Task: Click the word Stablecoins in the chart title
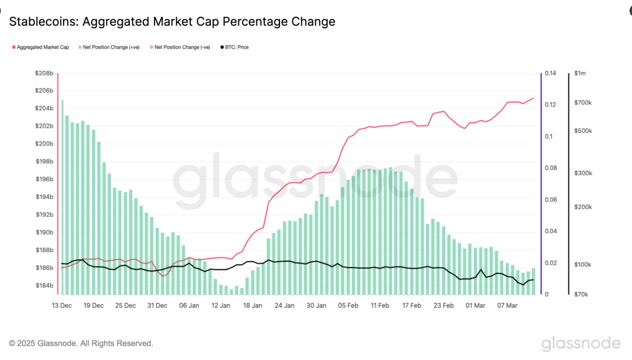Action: [43, 22]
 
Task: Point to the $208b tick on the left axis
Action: [44, 73]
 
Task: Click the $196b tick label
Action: [44, 179]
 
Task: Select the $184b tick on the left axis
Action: [44, 286]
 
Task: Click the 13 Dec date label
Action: [62, 305]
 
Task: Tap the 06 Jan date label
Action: [189, 305]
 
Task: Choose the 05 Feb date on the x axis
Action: [348, 305]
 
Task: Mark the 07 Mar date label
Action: [507, 305]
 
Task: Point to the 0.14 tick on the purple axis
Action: [550, 73]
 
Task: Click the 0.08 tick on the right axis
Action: [551, 168]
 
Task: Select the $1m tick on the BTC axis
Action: [580, 73]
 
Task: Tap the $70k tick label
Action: [581, 294]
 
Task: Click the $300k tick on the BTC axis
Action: [583, 173]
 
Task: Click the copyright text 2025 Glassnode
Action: [81, 343]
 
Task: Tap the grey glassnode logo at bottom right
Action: [581, 343]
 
